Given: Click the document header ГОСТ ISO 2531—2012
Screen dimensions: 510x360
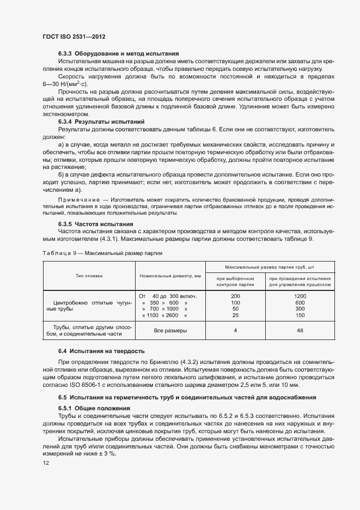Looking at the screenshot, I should coord(74,37).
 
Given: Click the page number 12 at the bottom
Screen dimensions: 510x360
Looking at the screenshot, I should coord(46,463).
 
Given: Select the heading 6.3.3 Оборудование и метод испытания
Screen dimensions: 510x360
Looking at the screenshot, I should coord(119,54).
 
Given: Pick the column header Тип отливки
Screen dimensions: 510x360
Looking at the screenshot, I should coord(89,276).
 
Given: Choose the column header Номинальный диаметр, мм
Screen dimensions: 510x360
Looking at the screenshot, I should coord(170,276).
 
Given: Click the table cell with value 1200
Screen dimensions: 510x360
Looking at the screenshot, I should coord(300,295).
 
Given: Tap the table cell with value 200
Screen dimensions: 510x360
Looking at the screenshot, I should coord(235,295).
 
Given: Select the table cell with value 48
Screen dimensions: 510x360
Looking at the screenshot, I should coord(300,330).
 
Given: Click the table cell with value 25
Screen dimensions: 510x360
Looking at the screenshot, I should coord(235,315).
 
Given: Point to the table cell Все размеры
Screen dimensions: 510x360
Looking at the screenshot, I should coord(170,330).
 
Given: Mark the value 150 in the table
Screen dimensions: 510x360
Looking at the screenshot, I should coord(300,315).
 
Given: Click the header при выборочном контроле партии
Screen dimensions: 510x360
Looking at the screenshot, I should coord(235,281).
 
